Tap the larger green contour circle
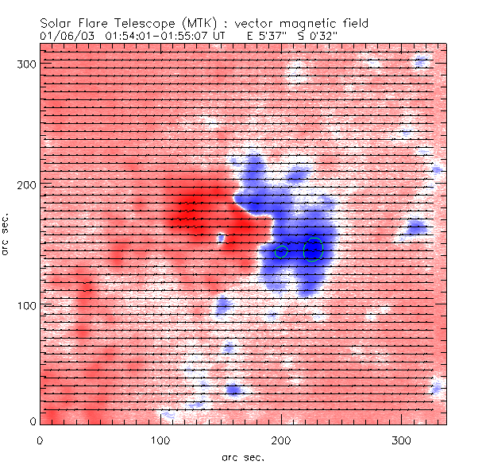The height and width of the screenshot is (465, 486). (314, 250)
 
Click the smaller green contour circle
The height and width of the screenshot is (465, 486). (281, 251)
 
